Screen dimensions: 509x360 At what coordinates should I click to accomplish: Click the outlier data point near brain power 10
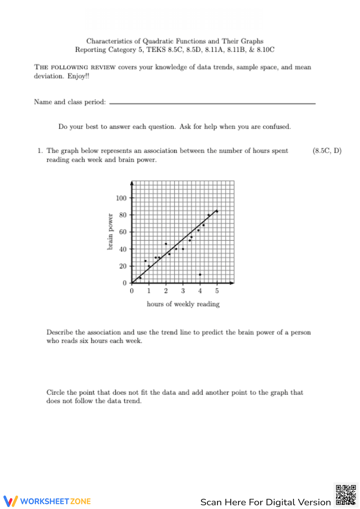click(200, 274)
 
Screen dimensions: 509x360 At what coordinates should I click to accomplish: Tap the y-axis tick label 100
click(121, 198)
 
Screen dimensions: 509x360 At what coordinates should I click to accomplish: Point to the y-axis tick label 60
click(123, 232)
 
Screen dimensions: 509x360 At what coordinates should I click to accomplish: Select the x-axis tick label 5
click(217, 291)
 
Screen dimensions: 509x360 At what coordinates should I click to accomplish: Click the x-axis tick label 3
click(183, 291)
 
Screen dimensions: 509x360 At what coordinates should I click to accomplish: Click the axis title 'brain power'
click(110, 232)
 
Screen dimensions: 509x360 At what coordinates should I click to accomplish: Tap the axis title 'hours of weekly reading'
click(183, 304)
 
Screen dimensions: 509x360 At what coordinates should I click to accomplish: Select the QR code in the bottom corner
click(346, 495)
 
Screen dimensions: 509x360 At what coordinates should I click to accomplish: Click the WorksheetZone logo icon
click(10, 501)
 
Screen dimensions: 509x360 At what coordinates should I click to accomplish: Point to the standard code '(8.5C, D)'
click(327, 151)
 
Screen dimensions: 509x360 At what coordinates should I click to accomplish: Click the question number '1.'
click(40, 151)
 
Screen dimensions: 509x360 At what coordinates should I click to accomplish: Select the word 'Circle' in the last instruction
click(55, 392)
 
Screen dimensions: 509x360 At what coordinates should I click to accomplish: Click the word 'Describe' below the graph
click(60, 332)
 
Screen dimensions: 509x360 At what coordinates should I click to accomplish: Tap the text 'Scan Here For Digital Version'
click(265, 502)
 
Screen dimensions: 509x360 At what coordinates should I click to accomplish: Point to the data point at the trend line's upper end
click(217, 211)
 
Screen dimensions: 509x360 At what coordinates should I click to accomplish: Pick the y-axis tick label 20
click(123, 266)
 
